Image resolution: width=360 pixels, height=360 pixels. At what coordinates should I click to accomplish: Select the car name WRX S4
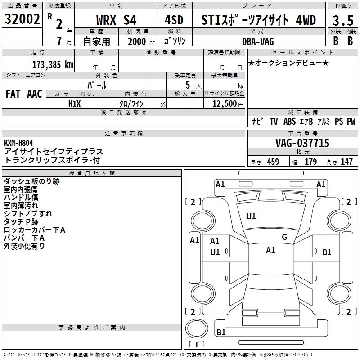coord(117,20)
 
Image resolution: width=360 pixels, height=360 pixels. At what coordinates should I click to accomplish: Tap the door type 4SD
coord(174,20)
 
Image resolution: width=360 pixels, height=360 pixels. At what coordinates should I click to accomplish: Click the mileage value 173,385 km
coord(53,64)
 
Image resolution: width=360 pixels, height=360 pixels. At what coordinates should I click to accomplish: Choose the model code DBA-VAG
coord(257,41)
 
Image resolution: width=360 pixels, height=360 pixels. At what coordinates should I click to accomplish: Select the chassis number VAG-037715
coord(302,143)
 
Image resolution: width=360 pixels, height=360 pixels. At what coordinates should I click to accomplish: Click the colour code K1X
coord(74,103)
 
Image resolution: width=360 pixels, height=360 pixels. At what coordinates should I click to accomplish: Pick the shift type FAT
coord(13,94)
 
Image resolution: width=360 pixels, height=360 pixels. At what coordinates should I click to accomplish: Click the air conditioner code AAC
coord(35,94)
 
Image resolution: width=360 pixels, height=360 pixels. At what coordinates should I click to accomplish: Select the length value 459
coord(273,162)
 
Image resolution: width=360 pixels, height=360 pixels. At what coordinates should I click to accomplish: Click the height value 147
coord(346,162)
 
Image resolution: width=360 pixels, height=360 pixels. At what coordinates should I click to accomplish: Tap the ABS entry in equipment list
coord(289,121)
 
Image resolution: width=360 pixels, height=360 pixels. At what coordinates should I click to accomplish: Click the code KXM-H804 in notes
coord(18,143)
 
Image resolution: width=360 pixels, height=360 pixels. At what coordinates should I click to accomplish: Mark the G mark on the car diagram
coord(284,237)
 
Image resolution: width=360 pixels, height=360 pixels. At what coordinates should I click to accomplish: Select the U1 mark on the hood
coord(251,216)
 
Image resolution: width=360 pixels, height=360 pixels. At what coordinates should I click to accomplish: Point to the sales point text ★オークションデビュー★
coord(288,63)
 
